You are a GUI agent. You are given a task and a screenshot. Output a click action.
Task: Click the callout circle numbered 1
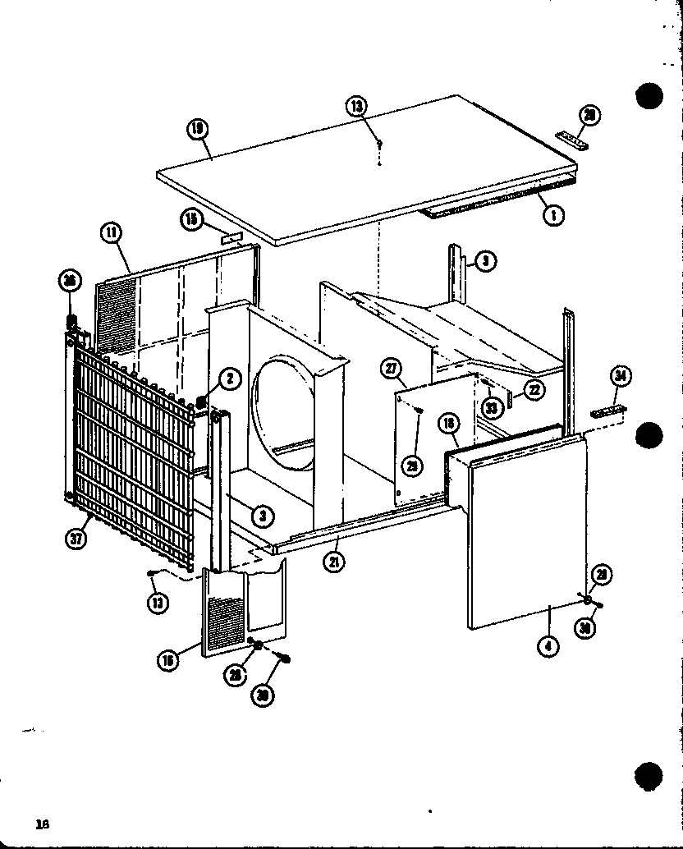pyautogui.click(x=554, y=216)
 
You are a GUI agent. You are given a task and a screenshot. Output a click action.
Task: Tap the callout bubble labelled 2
pyautogui.click(x=230, y=379)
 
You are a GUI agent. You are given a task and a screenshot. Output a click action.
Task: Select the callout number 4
pyautogui.click(x=548, y=647)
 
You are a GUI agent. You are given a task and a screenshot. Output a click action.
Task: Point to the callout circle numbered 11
pyautogui.click(x=111, y=233)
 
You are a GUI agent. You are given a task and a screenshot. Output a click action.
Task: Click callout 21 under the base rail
pyautogui.click(x=334, y=562)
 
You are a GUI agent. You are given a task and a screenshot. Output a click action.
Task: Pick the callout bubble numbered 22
pyautogui.click(x=534, y=391)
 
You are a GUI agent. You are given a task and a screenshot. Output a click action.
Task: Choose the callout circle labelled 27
pyautogui.click(x=391, y=369)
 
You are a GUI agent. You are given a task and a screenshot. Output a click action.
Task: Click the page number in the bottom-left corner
pyautogui.click(x=43, y=824)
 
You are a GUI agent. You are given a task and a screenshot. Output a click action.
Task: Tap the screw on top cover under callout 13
pyautogui.click(x=379, y=144)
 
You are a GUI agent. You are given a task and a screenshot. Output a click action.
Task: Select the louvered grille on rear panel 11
pyautogui.click(x=115, y=312)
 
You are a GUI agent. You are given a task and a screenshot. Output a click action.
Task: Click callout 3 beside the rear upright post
pyautogui.click(x=485, y=262)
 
